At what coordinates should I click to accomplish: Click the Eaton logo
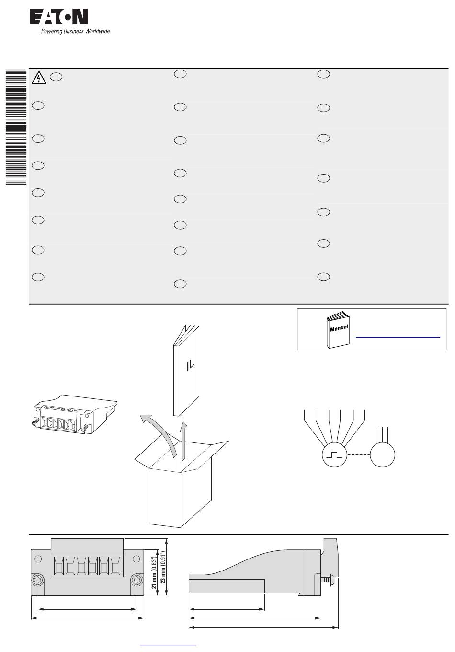click(x=58, y=17)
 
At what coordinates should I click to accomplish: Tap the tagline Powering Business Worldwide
click(x=75, y=31)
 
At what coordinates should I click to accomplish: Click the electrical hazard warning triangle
click(x=39, y=78)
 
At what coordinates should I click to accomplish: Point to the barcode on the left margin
click(x=16, y=127)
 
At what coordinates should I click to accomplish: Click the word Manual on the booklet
click(x=339, y=328)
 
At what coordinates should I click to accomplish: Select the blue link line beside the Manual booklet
click(x=398, y=337)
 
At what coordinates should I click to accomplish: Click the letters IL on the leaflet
click(x=190, y=366)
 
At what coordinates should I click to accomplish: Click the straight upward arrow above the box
click(x=183, y=441)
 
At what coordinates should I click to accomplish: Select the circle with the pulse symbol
click(x=334, y=454)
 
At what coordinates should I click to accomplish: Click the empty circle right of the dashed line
click(x=382, y=454)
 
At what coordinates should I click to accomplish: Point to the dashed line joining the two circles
click(x=358, y=454)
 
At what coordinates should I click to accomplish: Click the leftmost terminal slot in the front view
click(x=59, y=566)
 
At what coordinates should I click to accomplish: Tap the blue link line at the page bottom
click(x=168, y=645)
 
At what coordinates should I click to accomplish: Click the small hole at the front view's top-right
click(x=136, y=559)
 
